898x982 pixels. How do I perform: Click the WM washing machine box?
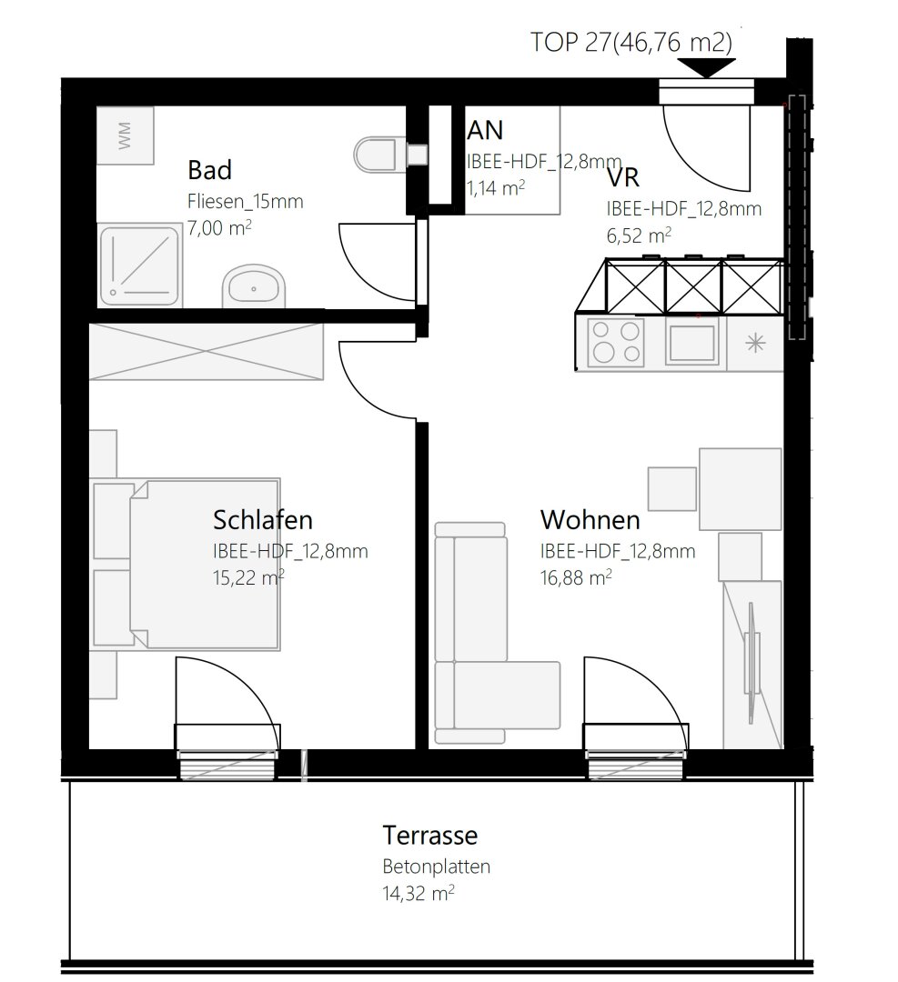125,135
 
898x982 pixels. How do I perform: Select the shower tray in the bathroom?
139,266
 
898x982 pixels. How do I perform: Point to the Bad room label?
209,170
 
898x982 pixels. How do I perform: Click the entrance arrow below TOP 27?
707,67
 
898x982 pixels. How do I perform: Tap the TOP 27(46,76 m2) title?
631,42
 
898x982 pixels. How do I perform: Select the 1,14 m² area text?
496,187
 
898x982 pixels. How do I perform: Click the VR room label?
623,178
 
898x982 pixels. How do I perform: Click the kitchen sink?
692,342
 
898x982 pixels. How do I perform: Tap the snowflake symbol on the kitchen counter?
755,343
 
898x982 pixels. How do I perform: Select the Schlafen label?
263,520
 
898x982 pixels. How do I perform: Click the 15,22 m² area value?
248,576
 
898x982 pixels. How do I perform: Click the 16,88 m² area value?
576,576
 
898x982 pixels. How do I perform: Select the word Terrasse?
429,835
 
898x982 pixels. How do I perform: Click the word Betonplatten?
436,867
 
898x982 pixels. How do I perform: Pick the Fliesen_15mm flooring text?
245,201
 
